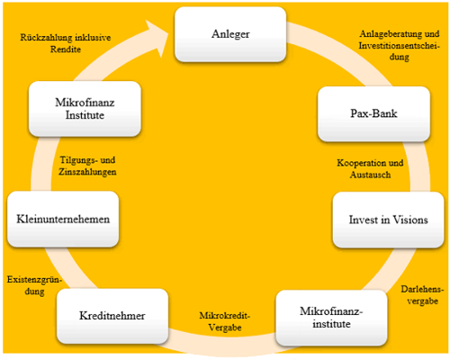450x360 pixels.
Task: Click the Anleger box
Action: [x=230, y=34]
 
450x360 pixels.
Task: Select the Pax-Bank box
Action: [x=373, y=114]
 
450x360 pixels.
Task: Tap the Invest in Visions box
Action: [x=388, y=220]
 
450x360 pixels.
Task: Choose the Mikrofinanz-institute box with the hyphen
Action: [x=331, y=318]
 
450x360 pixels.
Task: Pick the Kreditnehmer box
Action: [x=112, y=316]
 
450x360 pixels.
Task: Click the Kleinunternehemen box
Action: [x=63, y=219]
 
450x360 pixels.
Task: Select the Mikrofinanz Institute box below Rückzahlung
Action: [x=85, y=109]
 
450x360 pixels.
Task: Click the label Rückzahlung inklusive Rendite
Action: [x=66, y=43]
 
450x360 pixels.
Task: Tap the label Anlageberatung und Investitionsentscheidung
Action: [x=400, y=45]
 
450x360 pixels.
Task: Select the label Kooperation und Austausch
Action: [x=370, y=169]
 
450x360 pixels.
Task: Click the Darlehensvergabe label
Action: [x=422, y=295]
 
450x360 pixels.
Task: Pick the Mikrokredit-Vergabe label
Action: [x=225, y=321]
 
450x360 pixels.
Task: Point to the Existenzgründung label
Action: [x=34, y=285]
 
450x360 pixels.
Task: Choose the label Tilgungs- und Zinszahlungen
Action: [x=87, y=166]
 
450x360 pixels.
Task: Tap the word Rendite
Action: [x=66, y=49]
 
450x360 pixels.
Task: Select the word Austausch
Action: [x=370, y=175]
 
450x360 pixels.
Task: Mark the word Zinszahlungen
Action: [x=87, y=172]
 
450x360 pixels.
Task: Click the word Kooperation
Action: [x=358, y=163]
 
